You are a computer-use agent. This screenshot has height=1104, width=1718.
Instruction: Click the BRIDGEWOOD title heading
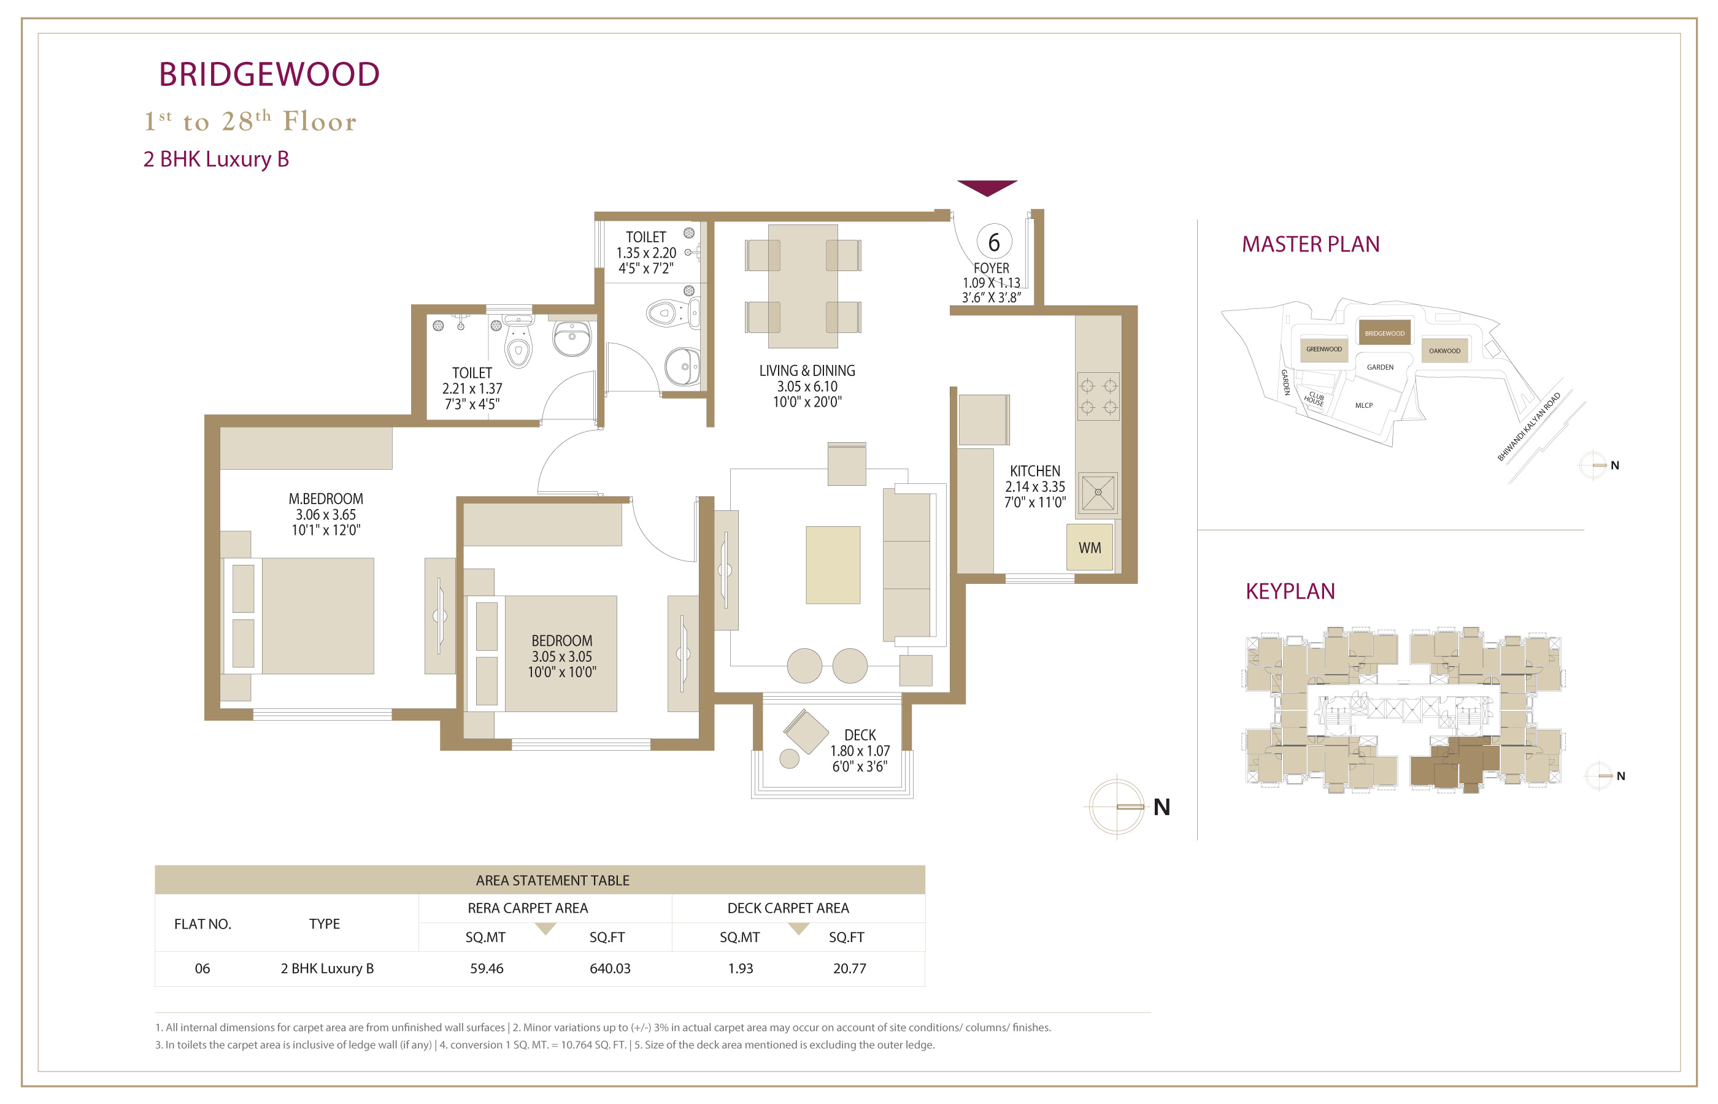pyautogui.click(x=269, y=75)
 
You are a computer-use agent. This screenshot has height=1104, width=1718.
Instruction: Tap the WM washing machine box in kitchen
pyautogui.click(x=1089, y=547)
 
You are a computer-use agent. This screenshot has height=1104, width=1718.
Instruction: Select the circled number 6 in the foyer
pyautogui.click(x=994, y=242)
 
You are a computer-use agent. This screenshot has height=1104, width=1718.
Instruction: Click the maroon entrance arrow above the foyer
pyautogui.click(x=987, y=188)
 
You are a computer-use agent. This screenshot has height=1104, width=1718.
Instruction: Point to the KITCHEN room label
pyautogui.click(x=1034, y=471)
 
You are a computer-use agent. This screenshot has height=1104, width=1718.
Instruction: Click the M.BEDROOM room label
pyautogui.click(x=326, y=499)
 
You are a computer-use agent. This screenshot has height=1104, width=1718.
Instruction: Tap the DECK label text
pyautogui.click(x=860, y=735)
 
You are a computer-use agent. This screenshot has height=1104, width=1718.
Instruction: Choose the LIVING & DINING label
pyautogui.click(x=807, y=370)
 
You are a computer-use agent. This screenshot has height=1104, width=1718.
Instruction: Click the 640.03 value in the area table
pyautogui.click(x=610, y=968)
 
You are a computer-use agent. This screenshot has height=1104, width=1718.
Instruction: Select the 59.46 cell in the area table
pyautogui.click(x=487, y=968)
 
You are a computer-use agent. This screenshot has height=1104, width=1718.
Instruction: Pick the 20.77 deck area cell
pyautogui.click(x=850, y=968)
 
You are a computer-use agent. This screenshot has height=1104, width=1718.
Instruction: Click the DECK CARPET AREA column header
pyautogui.click(x=788, y=908)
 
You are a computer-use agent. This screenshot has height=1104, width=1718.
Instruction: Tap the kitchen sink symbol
pyautogui.click(x=1098, y=493)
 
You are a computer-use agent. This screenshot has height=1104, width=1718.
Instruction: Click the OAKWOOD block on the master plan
pyautogui.click(x=1444, y=351)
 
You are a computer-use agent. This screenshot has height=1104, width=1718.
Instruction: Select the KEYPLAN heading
pyautogui.click(x=1290, y=591)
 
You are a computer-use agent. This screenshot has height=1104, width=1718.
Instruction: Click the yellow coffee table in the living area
pyautogui.click(x=833, y=565)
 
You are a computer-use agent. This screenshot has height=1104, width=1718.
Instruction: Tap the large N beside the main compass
pyautogui.click(x=1161, y=807)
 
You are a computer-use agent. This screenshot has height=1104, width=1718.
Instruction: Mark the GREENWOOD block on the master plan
pyautogui.click(x=1323, y=349)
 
